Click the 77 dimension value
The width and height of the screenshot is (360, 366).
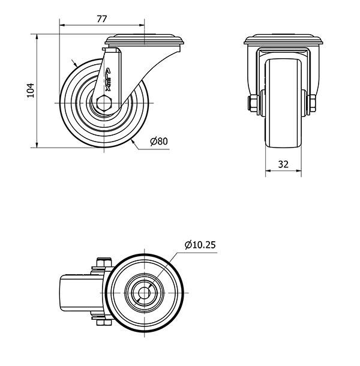click(x=102, y=19)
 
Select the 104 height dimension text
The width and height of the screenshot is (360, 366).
click(x=31, y=91)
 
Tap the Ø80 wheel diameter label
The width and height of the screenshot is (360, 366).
click(x=159, y=141)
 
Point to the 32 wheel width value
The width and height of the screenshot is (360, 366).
click(x=283, y=164)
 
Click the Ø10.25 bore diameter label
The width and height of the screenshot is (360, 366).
click(x=200, y=245)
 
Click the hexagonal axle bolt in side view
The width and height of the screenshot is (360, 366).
click(x=104, y=103)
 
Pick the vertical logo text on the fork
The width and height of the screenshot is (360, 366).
click(x=108, y=79)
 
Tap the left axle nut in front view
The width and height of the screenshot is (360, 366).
click(x=252, y=103)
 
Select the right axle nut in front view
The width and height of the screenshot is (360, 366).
click(x=313, y=103)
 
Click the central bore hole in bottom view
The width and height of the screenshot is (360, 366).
click(x=144, y=293)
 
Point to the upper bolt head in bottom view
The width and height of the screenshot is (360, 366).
click(x=104, y=262)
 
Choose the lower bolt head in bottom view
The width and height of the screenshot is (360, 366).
click(x=104, y=323)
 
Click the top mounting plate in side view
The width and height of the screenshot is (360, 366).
click(x=144, y=40)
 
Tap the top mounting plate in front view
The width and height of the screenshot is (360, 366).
click(x=283, y=40)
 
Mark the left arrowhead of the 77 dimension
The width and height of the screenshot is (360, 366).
click(x=62, y=25)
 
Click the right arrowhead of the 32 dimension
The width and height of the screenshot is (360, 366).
click(x=299, y=170)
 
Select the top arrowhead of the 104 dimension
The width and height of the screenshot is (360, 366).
click(x=37, y=37)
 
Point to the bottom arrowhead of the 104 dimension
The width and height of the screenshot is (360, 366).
click(x=37, y=145)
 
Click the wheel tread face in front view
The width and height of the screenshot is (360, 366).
click(x=283, y=103)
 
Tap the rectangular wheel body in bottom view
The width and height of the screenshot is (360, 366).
click(x=81, y=293)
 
